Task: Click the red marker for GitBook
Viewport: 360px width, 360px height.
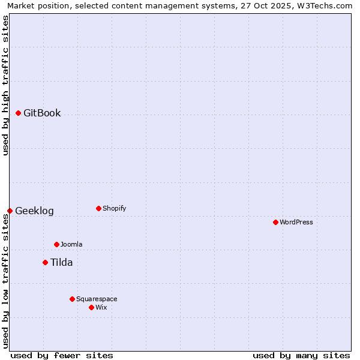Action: pos(18,113)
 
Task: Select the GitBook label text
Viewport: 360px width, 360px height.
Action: pos(42,113)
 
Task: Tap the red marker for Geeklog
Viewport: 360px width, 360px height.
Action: pos(10,211)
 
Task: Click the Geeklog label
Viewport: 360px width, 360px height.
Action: pos(34,211)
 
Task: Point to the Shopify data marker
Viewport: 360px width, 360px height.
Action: pos(98,208)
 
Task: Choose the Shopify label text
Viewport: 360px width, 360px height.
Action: pos(114,208)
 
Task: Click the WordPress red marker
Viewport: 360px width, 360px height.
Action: pos(275,222)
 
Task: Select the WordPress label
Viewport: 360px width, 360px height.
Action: pos(296,222)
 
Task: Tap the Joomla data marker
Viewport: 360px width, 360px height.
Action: pos(56,244)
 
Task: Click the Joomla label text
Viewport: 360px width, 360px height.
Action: pos(71,244)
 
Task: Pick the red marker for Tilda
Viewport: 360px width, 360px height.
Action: pos(45,262)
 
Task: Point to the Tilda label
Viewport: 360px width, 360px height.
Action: pos(61,262)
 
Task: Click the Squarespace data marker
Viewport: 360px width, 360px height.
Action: pos(72,299)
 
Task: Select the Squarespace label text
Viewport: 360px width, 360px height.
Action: pos(97,299)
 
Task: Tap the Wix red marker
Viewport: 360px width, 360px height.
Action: pos(91,307)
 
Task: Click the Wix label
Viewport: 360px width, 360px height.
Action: pos(101,307)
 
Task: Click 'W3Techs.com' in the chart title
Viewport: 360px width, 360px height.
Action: pos(327,5)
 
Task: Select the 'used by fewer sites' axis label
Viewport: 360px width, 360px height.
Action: pos(62,355)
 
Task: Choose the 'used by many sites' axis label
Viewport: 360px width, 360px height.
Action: pos(301,355)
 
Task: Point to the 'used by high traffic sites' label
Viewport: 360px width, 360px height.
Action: pos(5,85)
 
